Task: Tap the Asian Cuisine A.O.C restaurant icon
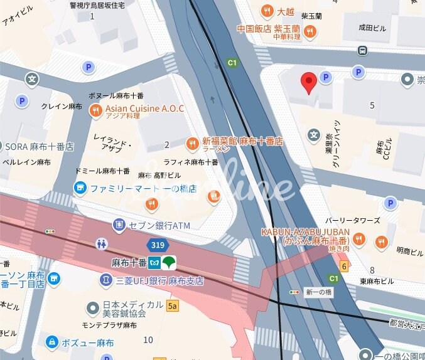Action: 95,110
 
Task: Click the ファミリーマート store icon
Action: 80,187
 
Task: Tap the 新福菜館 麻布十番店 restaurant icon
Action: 193,142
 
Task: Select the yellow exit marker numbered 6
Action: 344,265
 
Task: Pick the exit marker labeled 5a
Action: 173,306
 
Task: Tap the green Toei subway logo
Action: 169,262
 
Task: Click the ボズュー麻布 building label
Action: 87,343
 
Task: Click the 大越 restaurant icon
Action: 267,11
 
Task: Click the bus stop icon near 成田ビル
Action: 362,50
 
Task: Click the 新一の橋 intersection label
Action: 318,292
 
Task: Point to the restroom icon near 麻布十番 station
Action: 102,243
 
